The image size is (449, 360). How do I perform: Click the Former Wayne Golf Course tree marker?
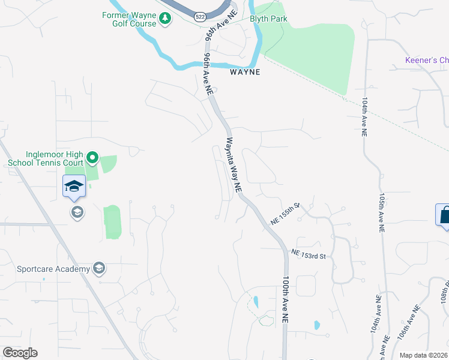point(166,22)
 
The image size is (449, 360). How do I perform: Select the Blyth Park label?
point(268,19)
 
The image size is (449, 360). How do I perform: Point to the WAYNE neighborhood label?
point(245,72)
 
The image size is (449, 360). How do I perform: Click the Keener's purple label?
point(427,60)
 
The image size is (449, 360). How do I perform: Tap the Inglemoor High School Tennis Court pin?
point(92,158)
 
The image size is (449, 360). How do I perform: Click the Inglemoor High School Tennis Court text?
point(45,158)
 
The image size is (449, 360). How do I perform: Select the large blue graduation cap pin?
point(74,186)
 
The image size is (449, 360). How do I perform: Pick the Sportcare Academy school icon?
point(100,268)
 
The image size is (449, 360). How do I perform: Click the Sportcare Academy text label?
point(53,269)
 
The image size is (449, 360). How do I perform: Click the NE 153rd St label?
point(309,256)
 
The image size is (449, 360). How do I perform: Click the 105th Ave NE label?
point(381,212)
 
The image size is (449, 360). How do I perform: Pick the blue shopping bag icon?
point(444,215)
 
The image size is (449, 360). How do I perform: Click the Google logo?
point(20,353)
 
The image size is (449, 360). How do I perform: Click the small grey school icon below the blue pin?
point(77,212)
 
